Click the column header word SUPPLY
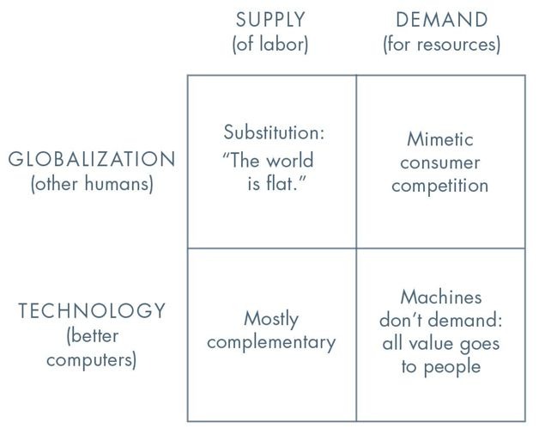point(270,19)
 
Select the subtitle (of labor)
point(270,45)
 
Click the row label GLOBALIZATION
point(92,160)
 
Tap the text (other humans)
point(92,185)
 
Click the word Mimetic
point(440,139)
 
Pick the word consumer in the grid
point(440,162)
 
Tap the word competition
point(440,186)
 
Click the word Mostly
point(271,319)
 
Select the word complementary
point(271,342)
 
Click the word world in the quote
point(290,160)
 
